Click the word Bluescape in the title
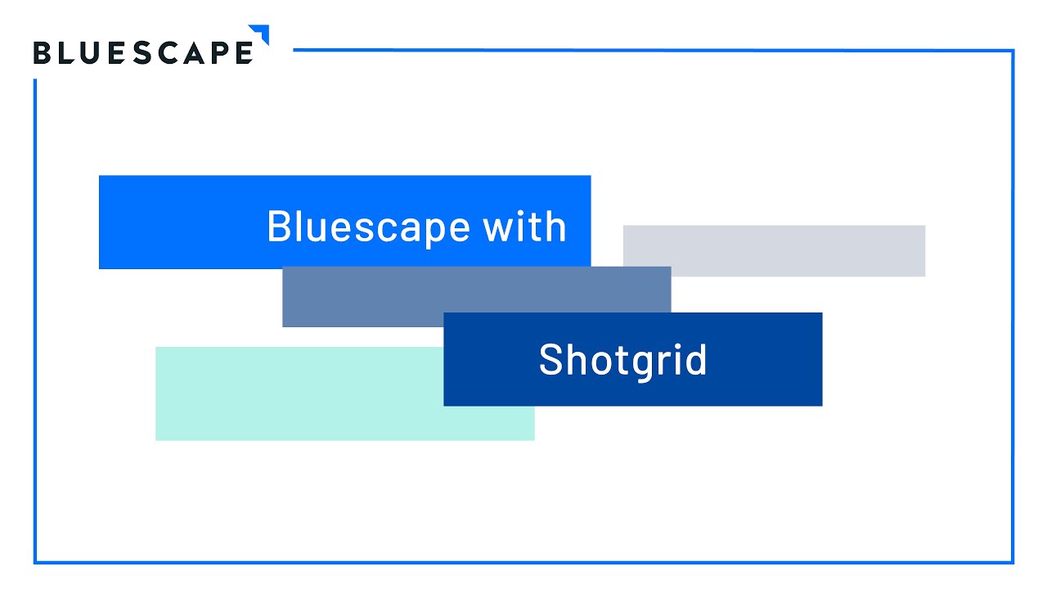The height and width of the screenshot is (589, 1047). [368, 227]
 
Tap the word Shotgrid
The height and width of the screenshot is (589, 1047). [622, 360]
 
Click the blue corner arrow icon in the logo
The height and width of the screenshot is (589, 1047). [260, 34]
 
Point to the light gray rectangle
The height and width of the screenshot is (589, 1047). [774, 250]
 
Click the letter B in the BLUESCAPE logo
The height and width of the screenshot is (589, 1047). [43, 52]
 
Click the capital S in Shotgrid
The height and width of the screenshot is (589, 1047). [551, 360]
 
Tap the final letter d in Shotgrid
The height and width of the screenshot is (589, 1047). [696, 360]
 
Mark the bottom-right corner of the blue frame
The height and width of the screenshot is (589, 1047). [1013, 562]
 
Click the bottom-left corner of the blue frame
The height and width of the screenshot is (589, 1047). [35, 562]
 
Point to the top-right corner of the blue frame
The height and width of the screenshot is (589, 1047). [1013, 52]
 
